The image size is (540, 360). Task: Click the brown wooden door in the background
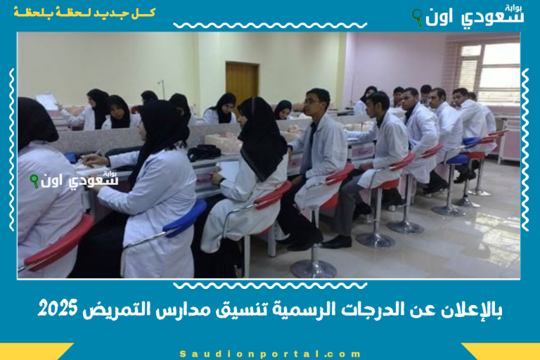[242, 84]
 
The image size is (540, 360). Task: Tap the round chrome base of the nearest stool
[313, 268]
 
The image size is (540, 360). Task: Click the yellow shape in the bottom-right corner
[503, 351]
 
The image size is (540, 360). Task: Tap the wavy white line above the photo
[270, 25]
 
